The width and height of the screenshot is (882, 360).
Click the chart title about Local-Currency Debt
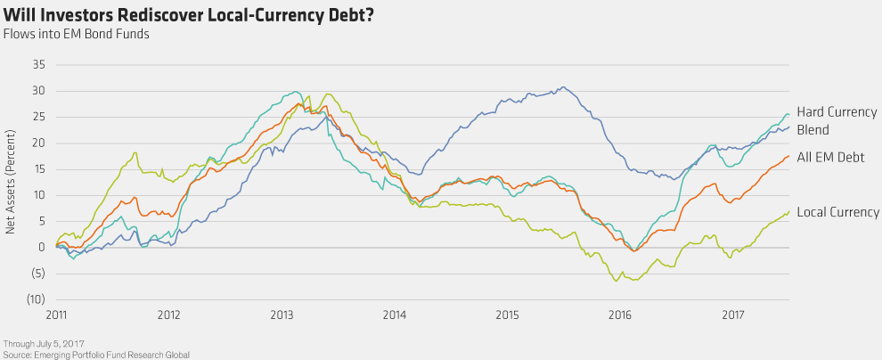click(x=189, y=14)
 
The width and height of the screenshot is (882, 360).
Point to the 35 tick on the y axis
click(x=38, y=65)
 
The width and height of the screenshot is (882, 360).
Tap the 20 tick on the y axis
click(x=38, y=143)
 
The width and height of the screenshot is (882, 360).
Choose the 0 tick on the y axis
click(x=41, y=248)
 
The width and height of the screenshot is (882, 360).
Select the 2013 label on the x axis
click(x=282, y=315)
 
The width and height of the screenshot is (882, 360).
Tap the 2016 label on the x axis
click(x=620, y=315)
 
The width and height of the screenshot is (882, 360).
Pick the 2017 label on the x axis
click(x=733, y=315)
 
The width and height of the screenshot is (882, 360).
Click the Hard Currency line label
click(x=837, y=112)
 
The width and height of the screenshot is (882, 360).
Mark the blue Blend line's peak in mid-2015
click(x=562, y=87)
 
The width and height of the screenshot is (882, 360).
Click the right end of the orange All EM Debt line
click(x=788, y=157)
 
